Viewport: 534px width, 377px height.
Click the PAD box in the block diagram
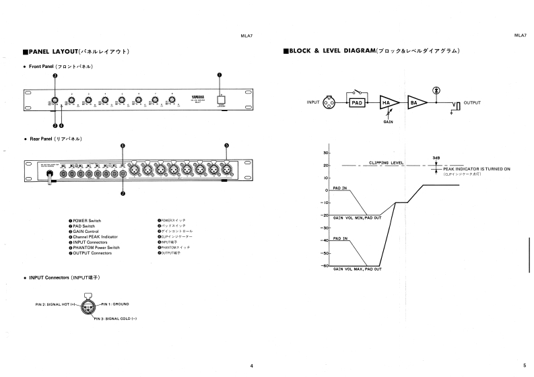(357, 102)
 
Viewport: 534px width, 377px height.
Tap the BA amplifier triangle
(417, 102)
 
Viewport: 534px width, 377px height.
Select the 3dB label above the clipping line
(436, 157)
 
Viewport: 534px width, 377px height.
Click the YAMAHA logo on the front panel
(195, 97)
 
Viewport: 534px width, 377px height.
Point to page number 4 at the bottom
(251, 366)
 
